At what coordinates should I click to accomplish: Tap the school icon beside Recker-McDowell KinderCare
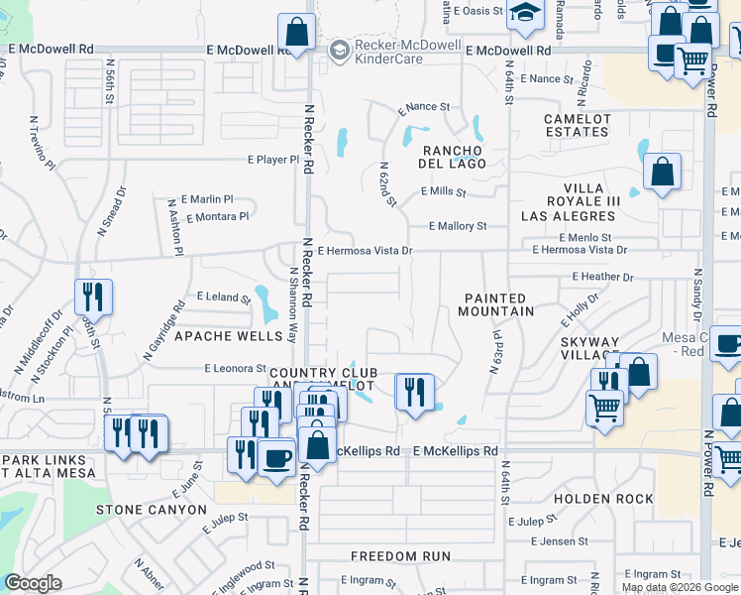(340, 48)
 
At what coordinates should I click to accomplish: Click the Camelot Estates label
(577, 125)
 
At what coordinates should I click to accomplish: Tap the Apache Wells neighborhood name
(229, 336)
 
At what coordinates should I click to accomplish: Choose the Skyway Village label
(590, 348)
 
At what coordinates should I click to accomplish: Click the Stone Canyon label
(152, 510)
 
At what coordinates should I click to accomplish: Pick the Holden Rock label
(604, 499)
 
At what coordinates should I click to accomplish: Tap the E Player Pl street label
(272, 160)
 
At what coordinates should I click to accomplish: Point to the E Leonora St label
(229, 368)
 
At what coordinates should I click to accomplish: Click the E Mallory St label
(458, 226)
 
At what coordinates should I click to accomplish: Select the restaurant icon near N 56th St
(93, 296)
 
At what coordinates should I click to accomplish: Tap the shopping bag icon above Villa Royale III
(662, 171)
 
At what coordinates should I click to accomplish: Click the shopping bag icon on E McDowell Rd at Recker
(296, 32)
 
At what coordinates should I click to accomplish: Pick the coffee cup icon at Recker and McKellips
(276, 456)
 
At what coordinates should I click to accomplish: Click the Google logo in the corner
(32, 584)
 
